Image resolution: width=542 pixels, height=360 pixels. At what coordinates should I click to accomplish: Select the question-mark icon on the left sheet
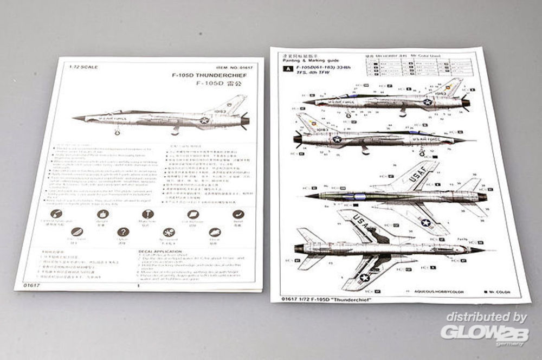tap(123, 232)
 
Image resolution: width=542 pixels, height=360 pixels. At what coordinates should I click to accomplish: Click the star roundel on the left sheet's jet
tap(204, 120)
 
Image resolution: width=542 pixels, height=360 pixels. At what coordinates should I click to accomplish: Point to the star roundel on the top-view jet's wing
tap(426, 222)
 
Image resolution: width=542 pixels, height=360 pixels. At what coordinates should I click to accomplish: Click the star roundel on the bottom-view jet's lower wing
tap(364, 278)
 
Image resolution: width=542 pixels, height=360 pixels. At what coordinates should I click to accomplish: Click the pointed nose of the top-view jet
tap(307, 196)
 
